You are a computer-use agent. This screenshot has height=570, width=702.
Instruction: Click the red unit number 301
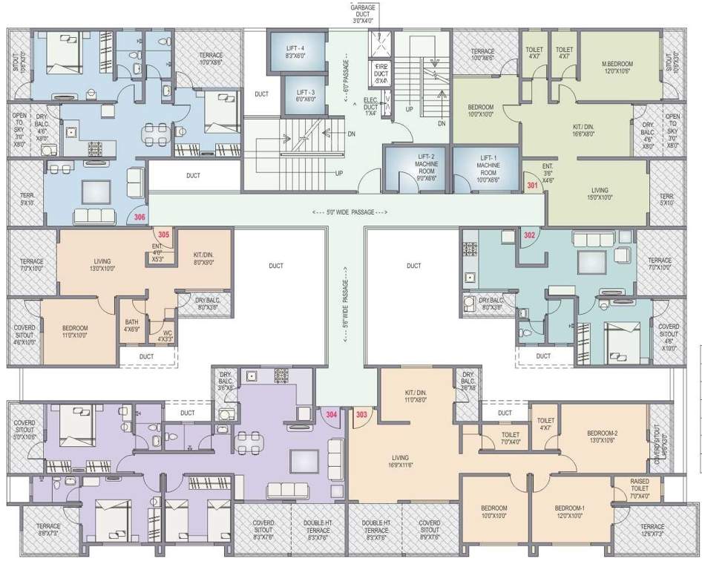(531, 185)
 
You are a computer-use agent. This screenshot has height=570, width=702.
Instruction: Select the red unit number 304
(332, 414)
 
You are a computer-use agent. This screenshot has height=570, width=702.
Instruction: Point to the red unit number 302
(529, 235)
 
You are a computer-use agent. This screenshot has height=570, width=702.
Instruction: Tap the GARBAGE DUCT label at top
(363, 13)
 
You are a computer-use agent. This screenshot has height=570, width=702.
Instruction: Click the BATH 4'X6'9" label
(131, 324)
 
